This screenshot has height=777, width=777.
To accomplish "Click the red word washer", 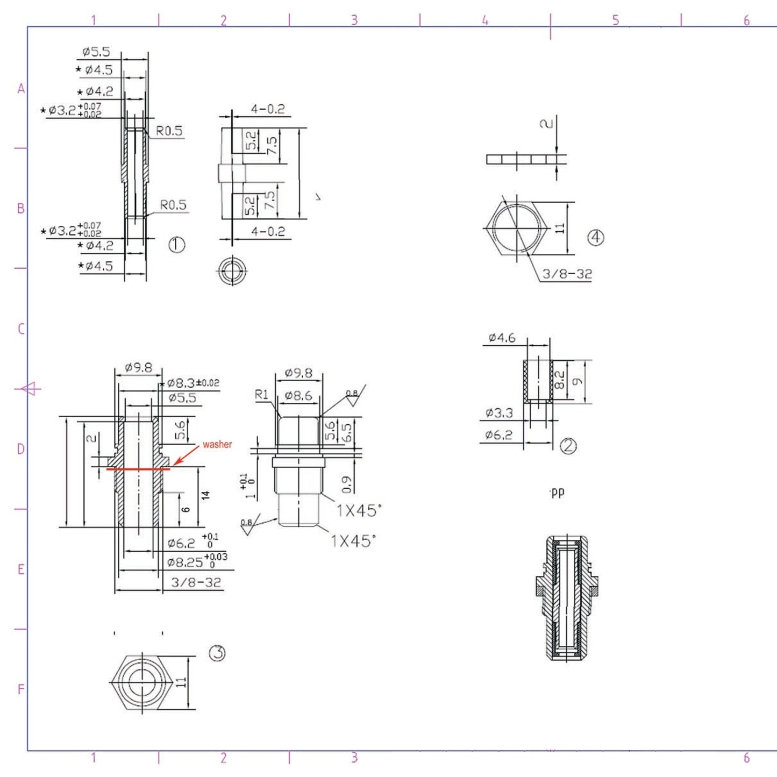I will click(x=217, y=445).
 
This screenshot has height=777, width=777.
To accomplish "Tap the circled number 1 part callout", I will click(x=177, y=245).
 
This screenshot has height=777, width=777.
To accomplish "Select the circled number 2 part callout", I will click(x=568, y=446).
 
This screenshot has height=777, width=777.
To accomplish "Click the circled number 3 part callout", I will click(x=217, y=653).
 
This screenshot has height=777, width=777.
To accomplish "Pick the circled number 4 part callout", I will click(x=595, y=238).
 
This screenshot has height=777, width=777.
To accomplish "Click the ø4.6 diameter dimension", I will click(x=502, y=338).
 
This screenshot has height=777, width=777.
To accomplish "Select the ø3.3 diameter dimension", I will click(x=499, y=413).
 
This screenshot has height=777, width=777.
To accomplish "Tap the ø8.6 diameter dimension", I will click(x=298, y=396).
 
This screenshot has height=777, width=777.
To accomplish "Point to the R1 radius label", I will click(x=261, y=395).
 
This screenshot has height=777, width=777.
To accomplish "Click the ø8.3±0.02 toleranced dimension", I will click(x=193, y=383).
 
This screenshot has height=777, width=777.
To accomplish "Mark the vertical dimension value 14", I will click(x=205, y=495).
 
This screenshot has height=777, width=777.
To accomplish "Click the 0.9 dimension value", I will click(x=347, y=484).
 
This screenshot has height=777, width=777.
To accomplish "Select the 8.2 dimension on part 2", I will click(x=560, y=380).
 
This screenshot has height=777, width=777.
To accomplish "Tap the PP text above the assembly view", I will click(x=558, y=493).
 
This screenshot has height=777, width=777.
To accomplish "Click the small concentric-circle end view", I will click(x=232, y=270).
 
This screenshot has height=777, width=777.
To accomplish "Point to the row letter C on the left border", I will click(x=21, y=329).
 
